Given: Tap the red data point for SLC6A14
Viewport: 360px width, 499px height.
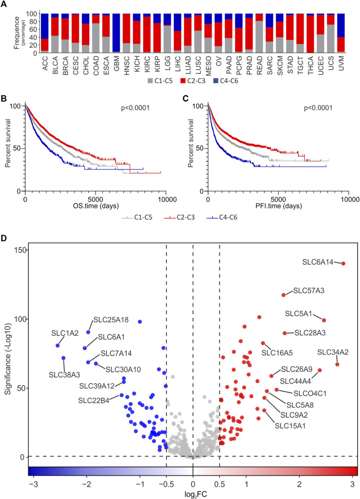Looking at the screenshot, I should click(x=344, y=264).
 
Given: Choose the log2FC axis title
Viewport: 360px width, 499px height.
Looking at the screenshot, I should click(x=192, y=493).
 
